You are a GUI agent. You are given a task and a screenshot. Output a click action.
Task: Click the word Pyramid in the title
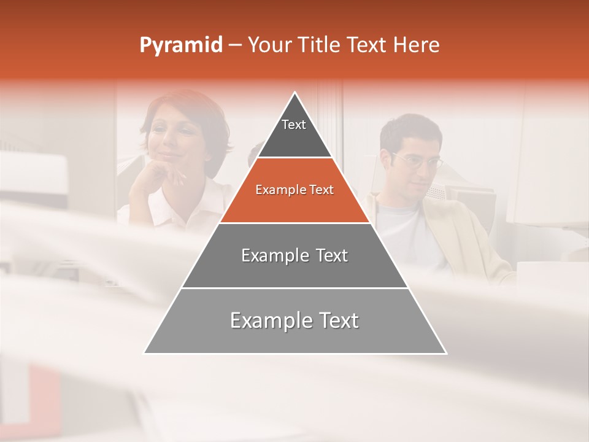click(x=180, y=45)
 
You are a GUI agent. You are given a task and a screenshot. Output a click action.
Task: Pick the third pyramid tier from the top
click(x=294, y=255)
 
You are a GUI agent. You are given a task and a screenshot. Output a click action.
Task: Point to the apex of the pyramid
click(x=295, y=94)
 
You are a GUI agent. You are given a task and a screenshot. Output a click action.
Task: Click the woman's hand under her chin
click(x=172, y=178)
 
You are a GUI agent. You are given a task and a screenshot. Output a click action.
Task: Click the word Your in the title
click(x=269, y=45)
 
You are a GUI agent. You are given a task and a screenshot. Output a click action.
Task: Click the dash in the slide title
click(x=235, y=45)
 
